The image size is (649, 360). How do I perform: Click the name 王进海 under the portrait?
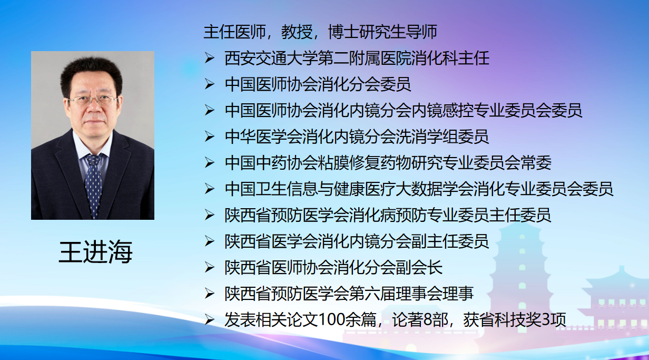coord(96,251)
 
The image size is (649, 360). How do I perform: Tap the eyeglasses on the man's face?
coord(93,100)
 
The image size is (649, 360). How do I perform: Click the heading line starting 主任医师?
coord(320,32)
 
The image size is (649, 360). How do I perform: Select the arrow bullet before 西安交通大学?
coord(209,59)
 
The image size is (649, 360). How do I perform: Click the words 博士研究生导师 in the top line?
coord(382,32)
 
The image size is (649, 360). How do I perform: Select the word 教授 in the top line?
coord(297,32)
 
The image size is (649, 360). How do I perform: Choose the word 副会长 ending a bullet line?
coord(419,268)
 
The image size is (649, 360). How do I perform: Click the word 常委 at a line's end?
coord(536,163)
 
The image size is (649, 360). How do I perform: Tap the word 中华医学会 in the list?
coord(263,137)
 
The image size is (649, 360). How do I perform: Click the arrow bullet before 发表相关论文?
coord(209,320)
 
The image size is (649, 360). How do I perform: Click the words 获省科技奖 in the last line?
coord(503,320)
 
